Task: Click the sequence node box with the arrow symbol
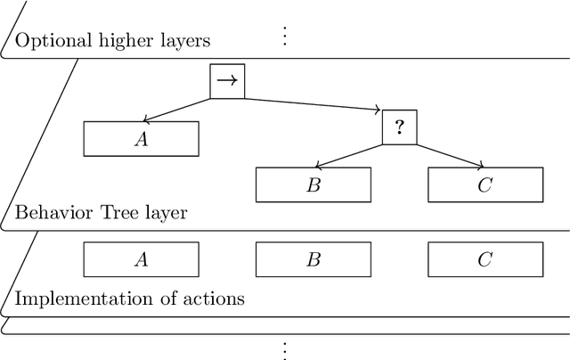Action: [x=226, y=81]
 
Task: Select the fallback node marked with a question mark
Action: [x=400, y=127]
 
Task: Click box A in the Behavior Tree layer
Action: [x=141, y=138]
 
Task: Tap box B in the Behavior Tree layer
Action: [x=313, y=184]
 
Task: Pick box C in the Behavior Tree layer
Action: [x=484, y=184]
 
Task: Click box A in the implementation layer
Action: [x=141, y=259]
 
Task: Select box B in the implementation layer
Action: [x=313, y=259]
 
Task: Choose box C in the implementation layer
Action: [x=484, y=259]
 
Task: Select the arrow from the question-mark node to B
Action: [x=349, y=155]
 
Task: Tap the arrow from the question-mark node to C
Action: [x=451, y=155]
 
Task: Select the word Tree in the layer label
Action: [x=109, y=213]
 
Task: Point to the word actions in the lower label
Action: [x=216, y=299]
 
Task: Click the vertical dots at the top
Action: [x=285, y=36]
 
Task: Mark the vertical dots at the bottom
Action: [x=285, y=348]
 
